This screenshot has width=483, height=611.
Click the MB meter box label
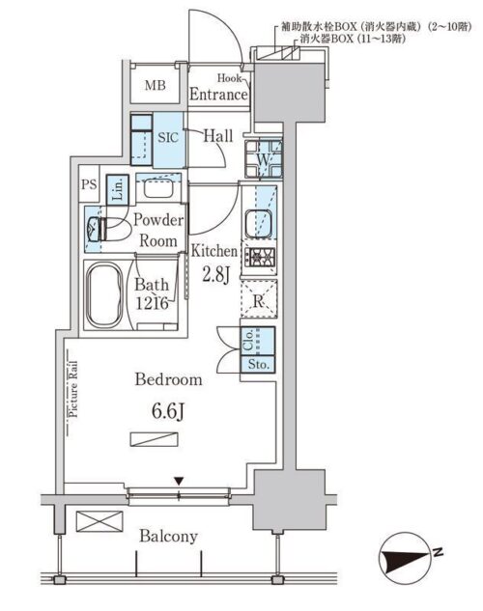[x=156, y=85]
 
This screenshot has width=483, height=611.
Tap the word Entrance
[x=218, y=95]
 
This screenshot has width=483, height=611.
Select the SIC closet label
[x=168, y=137]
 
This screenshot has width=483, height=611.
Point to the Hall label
[x=218, y=136]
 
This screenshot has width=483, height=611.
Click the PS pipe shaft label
[x=89, y=184]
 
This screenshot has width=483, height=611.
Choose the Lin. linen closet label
[x=118, y=189]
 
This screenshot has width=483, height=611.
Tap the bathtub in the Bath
[x=104, y=295]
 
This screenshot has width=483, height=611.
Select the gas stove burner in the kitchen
[x=260, y=257]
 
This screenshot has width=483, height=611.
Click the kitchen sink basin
[x=258, y=223]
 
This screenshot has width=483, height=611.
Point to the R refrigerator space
[x=259, y=301]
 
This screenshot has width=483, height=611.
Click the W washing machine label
[x=263, y=159]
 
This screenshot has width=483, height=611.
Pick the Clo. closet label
[x=248, y=340]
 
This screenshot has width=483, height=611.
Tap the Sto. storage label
[x=259, y=365]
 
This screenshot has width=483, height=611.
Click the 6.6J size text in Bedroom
[x=167, y=412]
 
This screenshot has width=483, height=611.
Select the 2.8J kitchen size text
[x=215, y=275]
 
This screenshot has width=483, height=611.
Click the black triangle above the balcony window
[x=179, y=482]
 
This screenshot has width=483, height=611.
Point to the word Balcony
[x=168, y=537]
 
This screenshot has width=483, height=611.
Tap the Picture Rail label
[x=72, y=390]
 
